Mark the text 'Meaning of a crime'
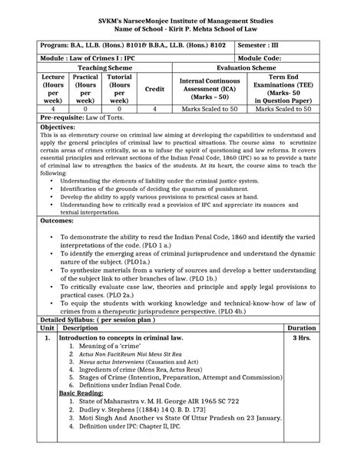(103, 347)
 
